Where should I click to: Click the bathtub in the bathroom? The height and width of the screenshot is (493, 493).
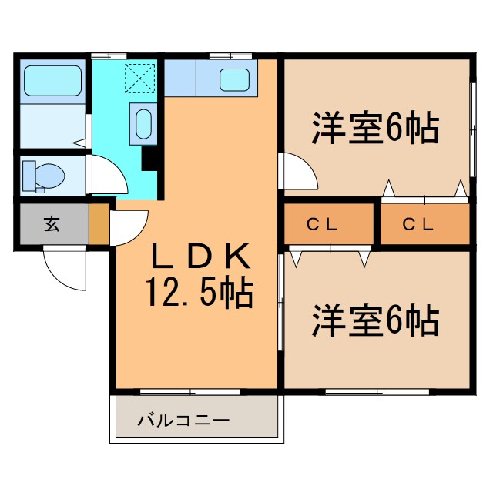click(x=52, y=79)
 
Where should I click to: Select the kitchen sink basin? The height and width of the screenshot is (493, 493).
click(x=235, y=79)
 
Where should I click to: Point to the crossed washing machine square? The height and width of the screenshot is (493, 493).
click(x=141, y=76)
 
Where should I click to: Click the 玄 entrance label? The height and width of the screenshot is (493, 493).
click(x=52, y=225)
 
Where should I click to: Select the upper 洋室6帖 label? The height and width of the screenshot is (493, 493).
click(x=376, y=129)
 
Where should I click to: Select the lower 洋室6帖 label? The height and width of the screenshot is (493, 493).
click(x=376, y=319)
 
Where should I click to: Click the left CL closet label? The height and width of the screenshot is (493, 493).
click(x=323, y=225)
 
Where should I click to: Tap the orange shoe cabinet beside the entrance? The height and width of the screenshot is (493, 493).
click(x=99, y=225)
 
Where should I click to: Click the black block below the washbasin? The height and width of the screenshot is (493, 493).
click(x=151, y=158)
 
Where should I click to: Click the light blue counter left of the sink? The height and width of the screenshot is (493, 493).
click(x=181, y=78)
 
